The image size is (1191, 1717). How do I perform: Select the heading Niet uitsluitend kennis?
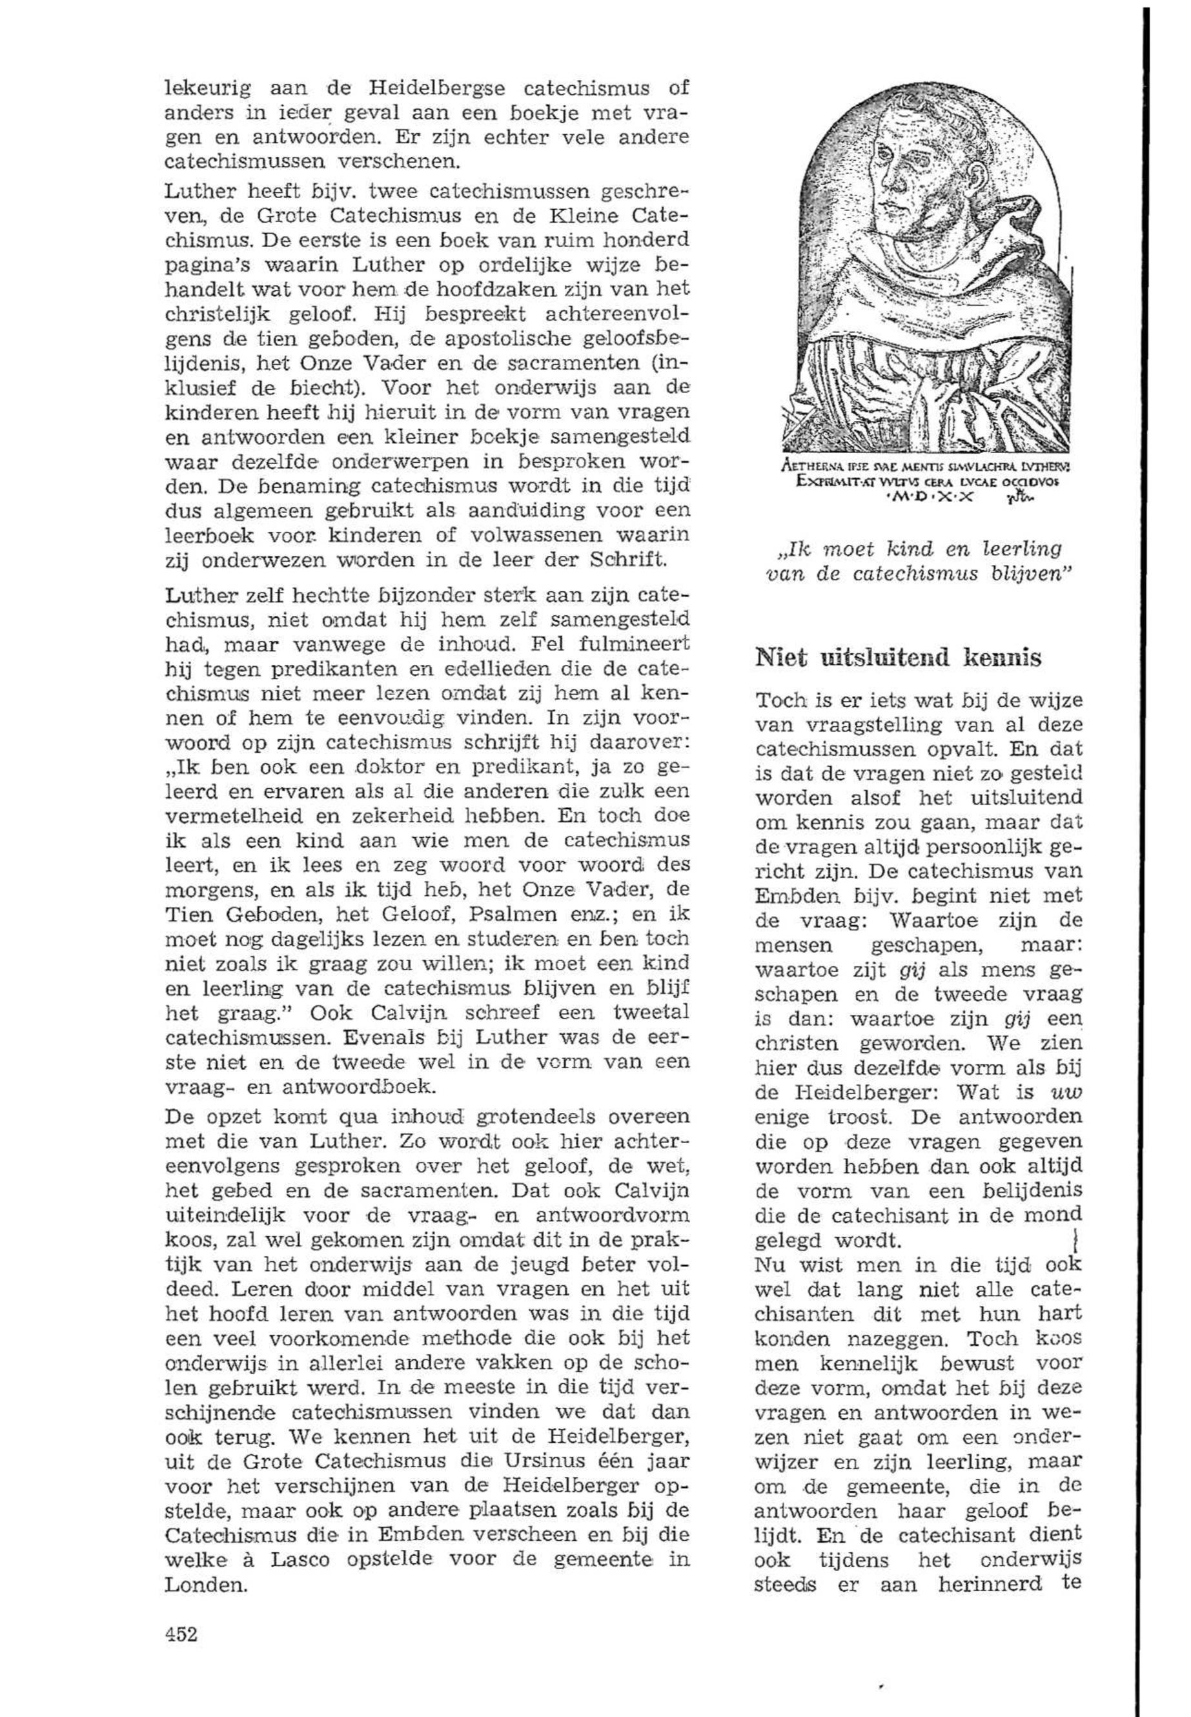[x=899, y=658]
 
